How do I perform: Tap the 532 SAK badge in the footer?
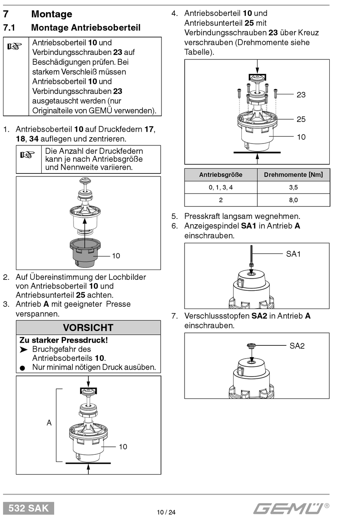coord(28,508)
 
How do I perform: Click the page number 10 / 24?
coord(166,512)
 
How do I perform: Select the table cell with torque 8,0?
coord(293,200)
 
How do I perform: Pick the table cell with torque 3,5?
coord(293,187)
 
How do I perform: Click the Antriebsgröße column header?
coord(221,175)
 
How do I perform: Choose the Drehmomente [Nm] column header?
coord(293,175)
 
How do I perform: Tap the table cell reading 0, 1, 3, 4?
coord(221,187)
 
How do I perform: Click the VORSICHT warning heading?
coord(88,328)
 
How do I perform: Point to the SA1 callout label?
coord(293,254)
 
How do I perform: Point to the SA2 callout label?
coord(297,346)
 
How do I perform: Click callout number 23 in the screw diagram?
coord(301,95)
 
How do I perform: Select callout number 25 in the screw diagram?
coord(301,119)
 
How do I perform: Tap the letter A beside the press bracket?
coord(49,423)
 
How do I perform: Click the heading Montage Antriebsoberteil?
coord(86,28)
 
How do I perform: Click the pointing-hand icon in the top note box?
coord(14,46)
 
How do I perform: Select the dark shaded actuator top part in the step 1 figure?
coord(85,253)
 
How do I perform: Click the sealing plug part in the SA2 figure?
coord(251,346)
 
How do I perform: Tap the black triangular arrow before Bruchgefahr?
coord(24,350)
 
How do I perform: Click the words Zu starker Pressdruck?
coord(64,340)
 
